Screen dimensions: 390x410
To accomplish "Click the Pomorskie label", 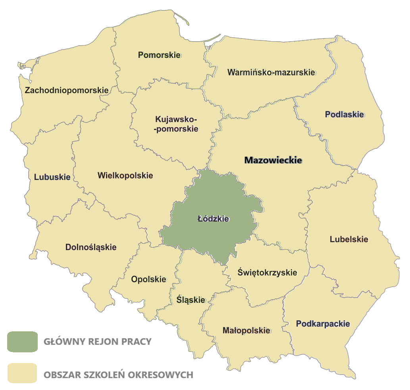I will point(159,55).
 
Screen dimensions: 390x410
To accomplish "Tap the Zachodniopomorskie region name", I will point(66,90).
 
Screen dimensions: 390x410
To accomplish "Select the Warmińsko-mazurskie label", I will point(271,73).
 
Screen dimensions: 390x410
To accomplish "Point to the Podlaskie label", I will point(344,115).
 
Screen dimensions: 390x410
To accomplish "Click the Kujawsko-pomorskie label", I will point(177,124).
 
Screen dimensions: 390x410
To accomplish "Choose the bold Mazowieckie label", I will point(273,161).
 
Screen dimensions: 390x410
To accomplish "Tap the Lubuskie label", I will point(52,177).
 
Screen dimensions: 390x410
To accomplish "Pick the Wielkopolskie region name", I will point(125,175).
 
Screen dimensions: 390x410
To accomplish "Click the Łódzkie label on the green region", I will point(213,218).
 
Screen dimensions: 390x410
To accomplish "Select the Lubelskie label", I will point(349,239).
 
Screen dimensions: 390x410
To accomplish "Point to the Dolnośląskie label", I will point(91,247).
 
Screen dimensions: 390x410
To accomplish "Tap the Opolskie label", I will point(148,279).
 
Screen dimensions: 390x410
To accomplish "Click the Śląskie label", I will point(191,300).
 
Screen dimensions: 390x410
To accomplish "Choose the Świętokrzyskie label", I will point(267,273).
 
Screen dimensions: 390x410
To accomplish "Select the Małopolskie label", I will point(246,330).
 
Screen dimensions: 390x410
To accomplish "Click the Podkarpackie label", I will point(323,324).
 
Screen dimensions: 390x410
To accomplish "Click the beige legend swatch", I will point(22,373).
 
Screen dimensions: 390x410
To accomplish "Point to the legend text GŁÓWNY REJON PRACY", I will point(98,342).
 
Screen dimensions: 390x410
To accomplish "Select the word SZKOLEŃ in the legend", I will point(103,375).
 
